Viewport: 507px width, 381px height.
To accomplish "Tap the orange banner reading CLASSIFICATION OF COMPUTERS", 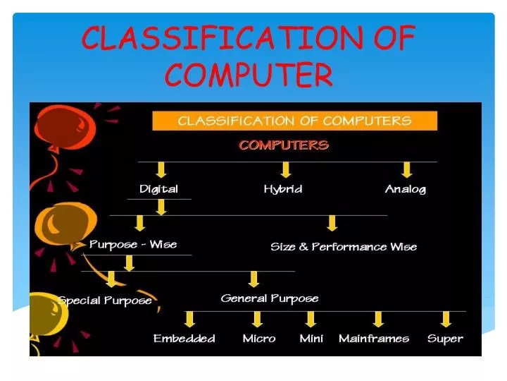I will pyautogui.click(x=294, y=121).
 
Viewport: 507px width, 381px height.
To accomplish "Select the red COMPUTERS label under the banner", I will pyautogui.click(x=284, y=146).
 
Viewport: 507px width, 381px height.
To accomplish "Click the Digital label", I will pyautogui.click(x=158, y=189).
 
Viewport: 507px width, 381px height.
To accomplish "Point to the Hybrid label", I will pyautogui.click(x=283, y=189).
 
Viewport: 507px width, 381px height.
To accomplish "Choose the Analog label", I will pyautogui.click(x=405, y=189).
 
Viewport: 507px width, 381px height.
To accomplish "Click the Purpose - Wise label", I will pyautogui.click(x=133, y=244).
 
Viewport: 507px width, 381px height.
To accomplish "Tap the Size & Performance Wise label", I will pyautogui.click(x=344, y=247).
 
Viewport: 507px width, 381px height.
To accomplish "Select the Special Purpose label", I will pyautogui.click(x=105, y=301).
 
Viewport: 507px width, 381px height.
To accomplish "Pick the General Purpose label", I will pyautogui.click(x=270, y=298).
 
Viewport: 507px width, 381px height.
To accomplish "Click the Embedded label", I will pyautogui.click(x=184, y=339).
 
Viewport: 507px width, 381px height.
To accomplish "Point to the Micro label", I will pyautogui.click(x=258, y=339).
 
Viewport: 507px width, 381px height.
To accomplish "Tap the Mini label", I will pyautogui.click(x=311, y=339).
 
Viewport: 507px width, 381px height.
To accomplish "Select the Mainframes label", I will pyautogui.click(x=374, y=339).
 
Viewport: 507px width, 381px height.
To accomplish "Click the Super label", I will pyautogui.click(x=445, y=339).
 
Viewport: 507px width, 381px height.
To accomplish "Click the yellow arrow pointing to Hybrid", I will pyautogui.click(x=285, y=170).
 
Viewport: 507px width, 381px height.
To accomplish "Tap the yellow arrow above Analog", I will pyautogui.click(x=406, y=170).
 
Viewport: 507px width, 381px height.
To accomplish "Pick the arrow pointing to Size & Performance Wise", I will pyautogui.click(x=332, y=224).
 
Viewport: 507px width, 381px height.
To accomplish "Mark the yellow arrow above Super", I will pyautogui.click(x=446, y=319).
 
